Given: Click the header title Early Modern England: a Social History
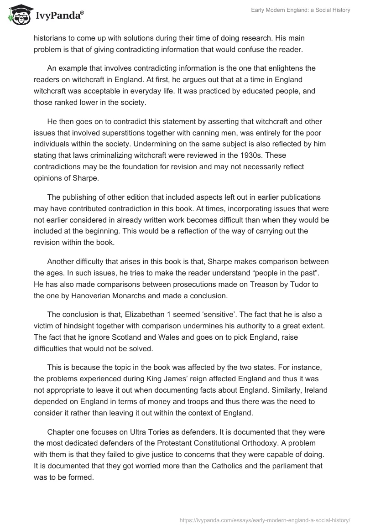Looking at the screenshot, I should coord(301,10).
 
